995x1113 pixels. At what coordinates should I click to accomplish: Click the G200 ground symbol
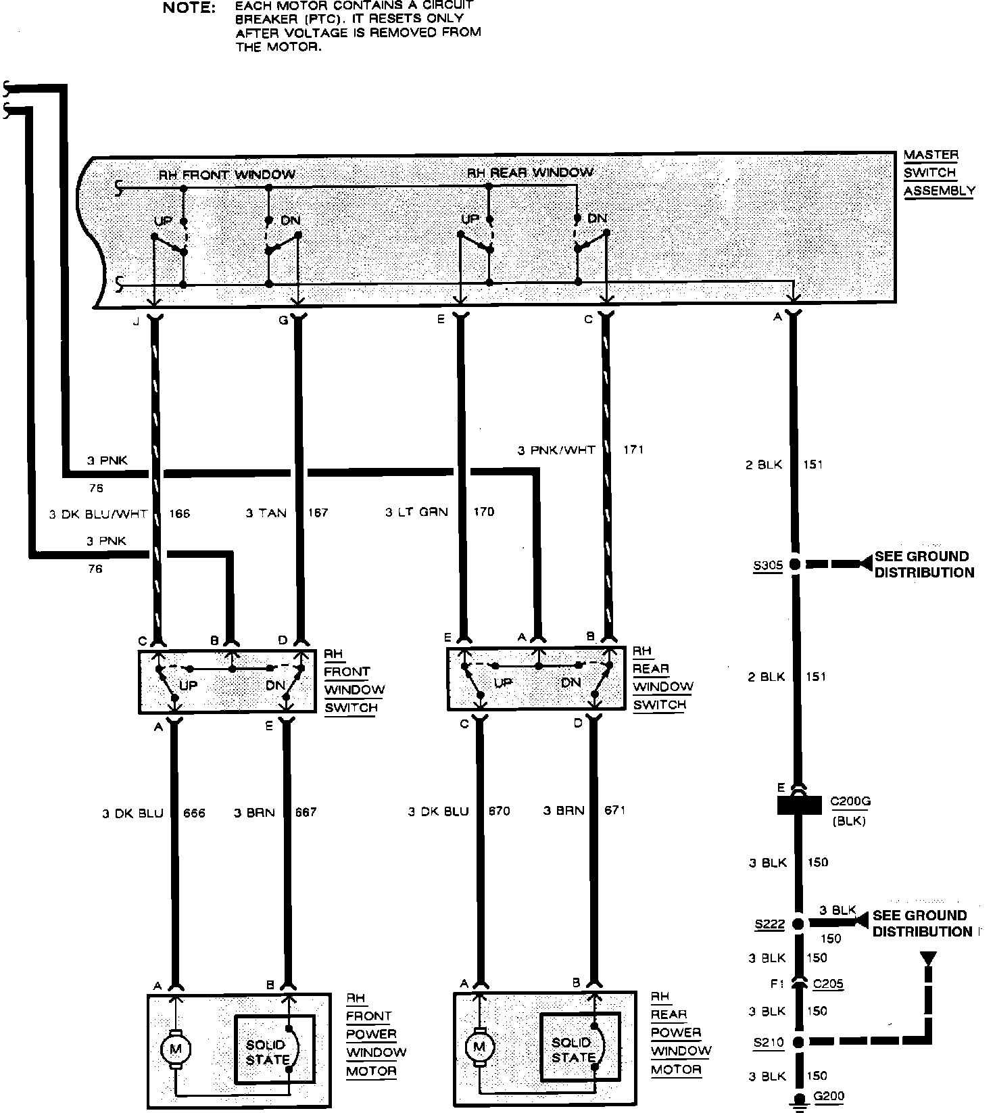[799, 1100]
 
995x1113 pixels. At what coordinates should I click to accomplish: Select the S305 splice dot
[795, 564]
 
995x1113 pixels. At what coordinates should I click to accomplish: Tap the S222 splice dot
[798, 923]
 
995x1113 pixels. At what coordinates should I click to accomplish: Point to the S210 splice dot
[798, 1042]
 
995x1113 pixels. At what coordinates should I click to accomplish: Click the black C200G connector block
[798, 805]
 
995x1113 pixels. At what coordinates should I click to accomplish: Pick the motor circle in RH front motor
[175, 1049]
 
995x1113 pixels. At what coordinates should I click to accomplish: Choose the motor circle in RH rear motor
[479, 1047]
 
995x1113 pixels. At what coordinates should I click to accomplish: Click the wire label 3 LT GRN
[416, 512]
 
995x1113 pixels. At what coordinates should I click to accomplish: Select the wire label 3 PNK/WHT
[556, 450]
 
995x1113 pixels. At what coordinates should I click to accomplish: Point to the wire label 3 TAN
[266, 513]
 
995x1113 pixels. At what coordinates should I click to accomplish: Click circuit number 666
[194, 813]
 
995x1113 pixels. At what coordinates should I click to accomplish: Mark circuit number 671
[614, 810]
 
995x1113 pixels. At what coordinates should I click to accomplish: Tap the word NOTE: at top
[190, 8]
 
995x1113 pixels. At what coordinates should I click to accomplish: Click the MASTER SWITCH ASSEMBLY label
[939, 173]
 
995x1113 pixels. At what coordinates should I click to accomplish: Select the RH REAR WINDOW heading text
[530, 172]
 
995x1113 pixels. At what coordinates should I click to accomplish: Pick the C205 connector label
[828, 984]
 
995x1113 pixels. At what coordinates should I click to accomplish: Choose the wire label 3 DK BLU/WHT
[98, 514]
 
